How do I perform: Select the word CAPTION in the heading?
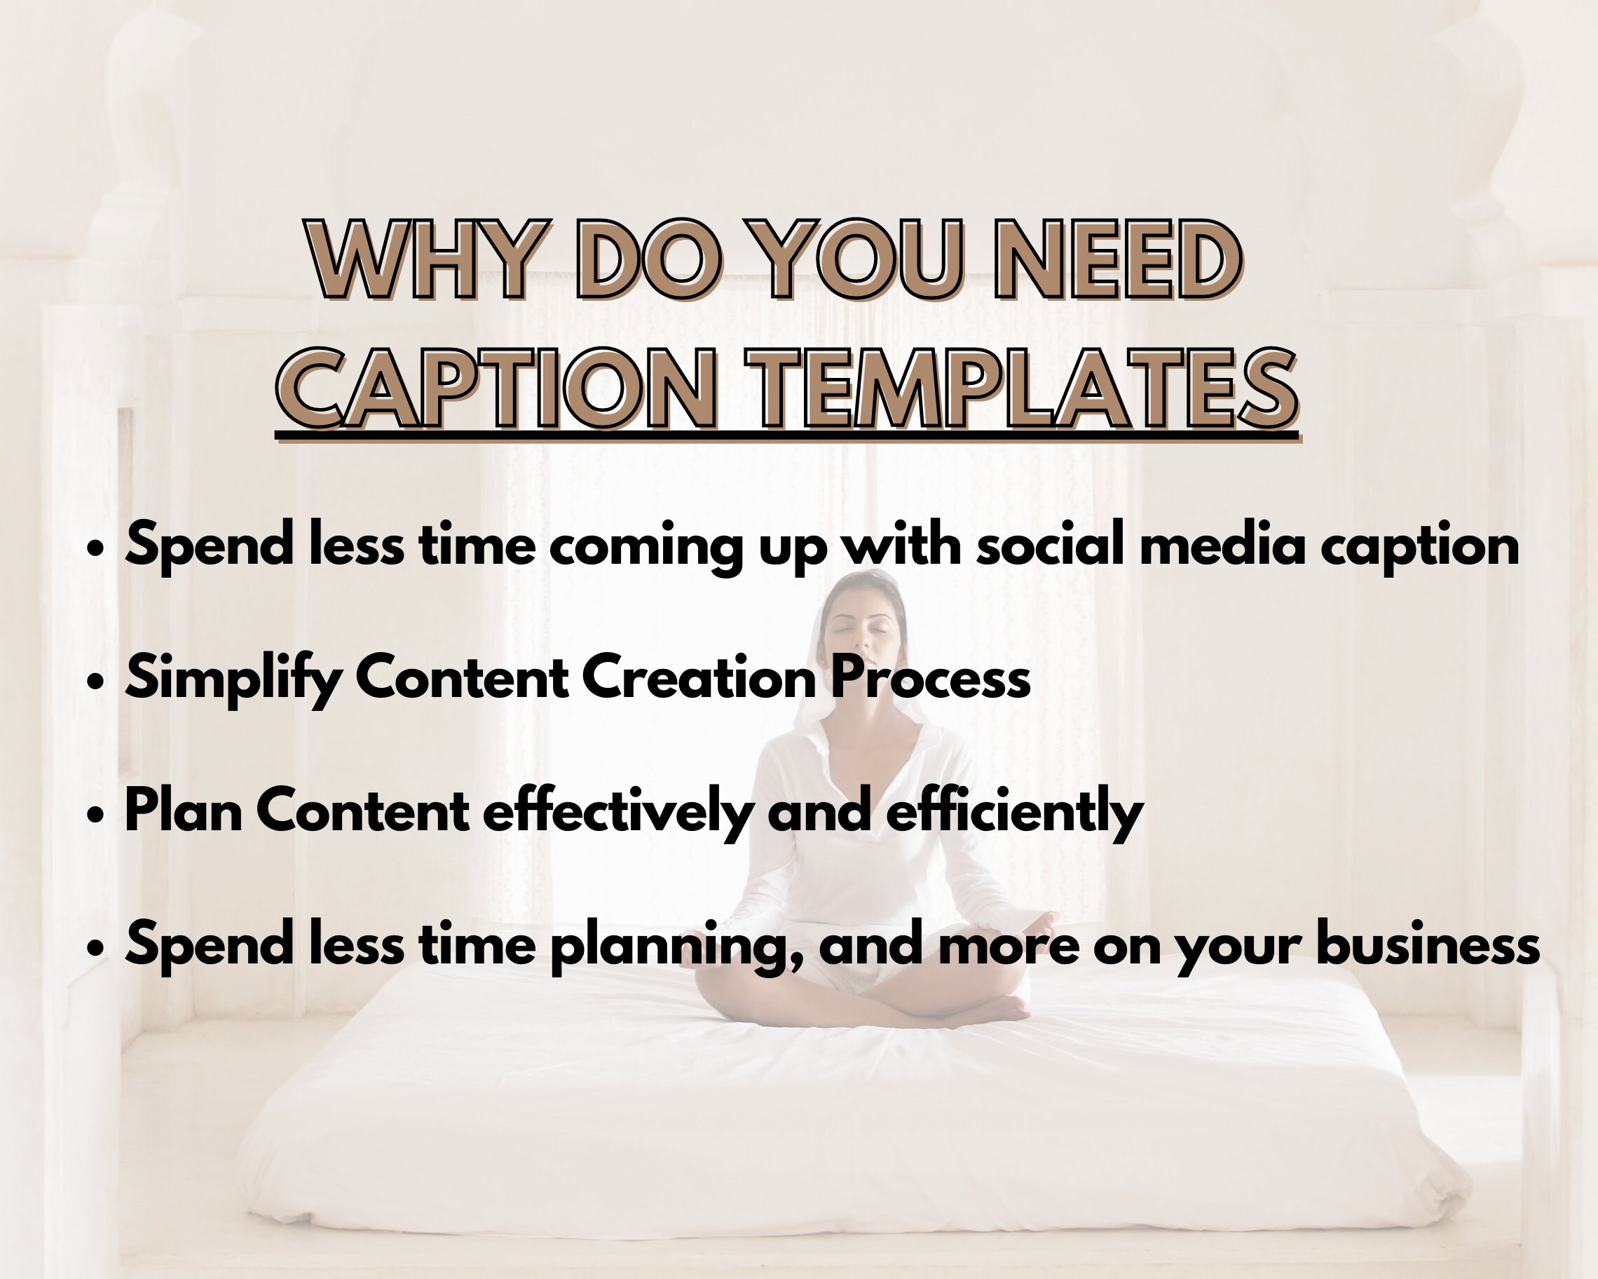[x=497, y=388]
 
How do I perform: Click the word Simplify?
[x=233, y=679]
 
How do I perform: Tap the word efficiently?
[x=1015, y=811]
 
